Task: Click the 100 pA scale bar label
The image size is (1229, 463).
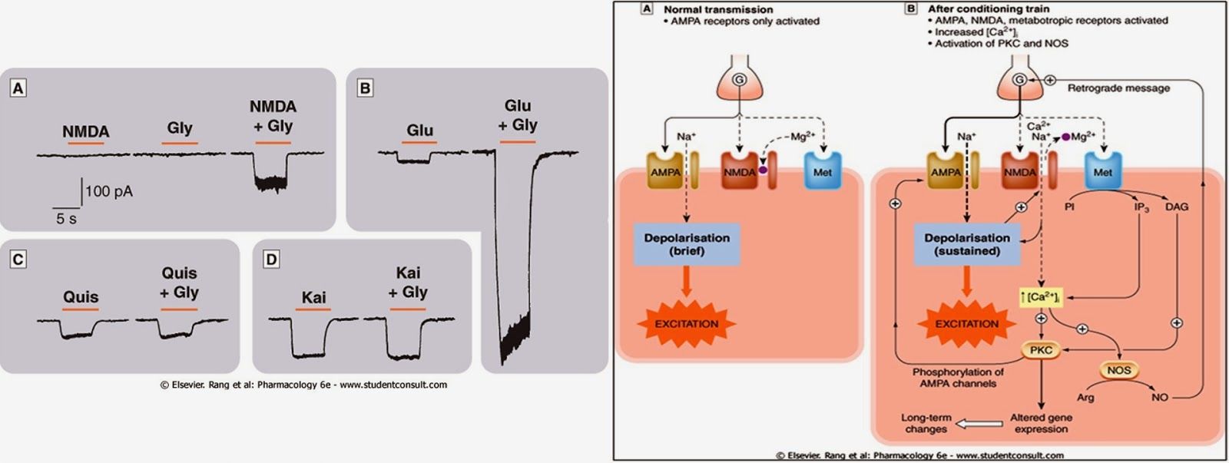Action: pyautogui.click(x=109, y=191)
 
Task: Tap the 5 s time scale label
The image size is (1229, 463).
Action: pyautogui.click(x=66, y=219)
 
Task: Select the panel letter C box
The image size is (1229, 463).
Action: pyautogui.click(x=18, y=260)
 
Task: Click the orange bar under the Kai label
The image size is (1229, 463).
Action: pyautogui.click(x=313, y=309)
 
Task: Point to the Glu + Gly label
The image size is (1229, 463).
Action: pyautogui.click(x=518, y=115)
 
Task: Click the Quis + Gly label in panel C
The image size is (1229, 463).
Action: pyautogui.click(x=179, y=283)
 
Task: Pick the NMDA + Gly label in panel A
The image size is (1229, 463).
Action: pyautogui.click(x=273, y=116)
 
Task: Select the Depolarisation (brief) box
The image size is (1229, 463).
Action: pyautogui.click(x=687, y=244)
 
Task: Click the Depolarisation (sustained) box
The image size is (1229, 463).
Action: pyautogui.click(x=967, y=244)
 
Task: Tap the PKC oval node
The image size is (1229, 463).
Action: pyautogui.click(x=1041, y=350)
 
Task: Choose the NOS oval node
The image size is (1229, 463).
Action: pyautogui.click(x=1119, y=370)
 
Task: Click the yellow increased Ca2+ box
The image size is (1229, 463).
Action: pyautogui.click(x=1040, y=296)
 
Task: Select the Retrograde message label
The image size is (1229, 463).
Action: pyautogui.click(x=1118, y=88)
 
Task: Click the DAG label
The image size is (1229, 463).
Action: pyautogui.click(x=1176, y=207)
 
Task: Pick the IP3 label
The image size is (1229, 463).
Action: pyautogui.click(x=1141, y=207)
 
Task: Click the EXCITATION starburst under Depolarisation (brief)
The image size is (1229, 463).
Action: pyautogui.click(x=687, y=323)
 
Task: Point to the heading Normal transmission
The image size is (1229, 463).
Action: pyautogui.click(x=718, y=9)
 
